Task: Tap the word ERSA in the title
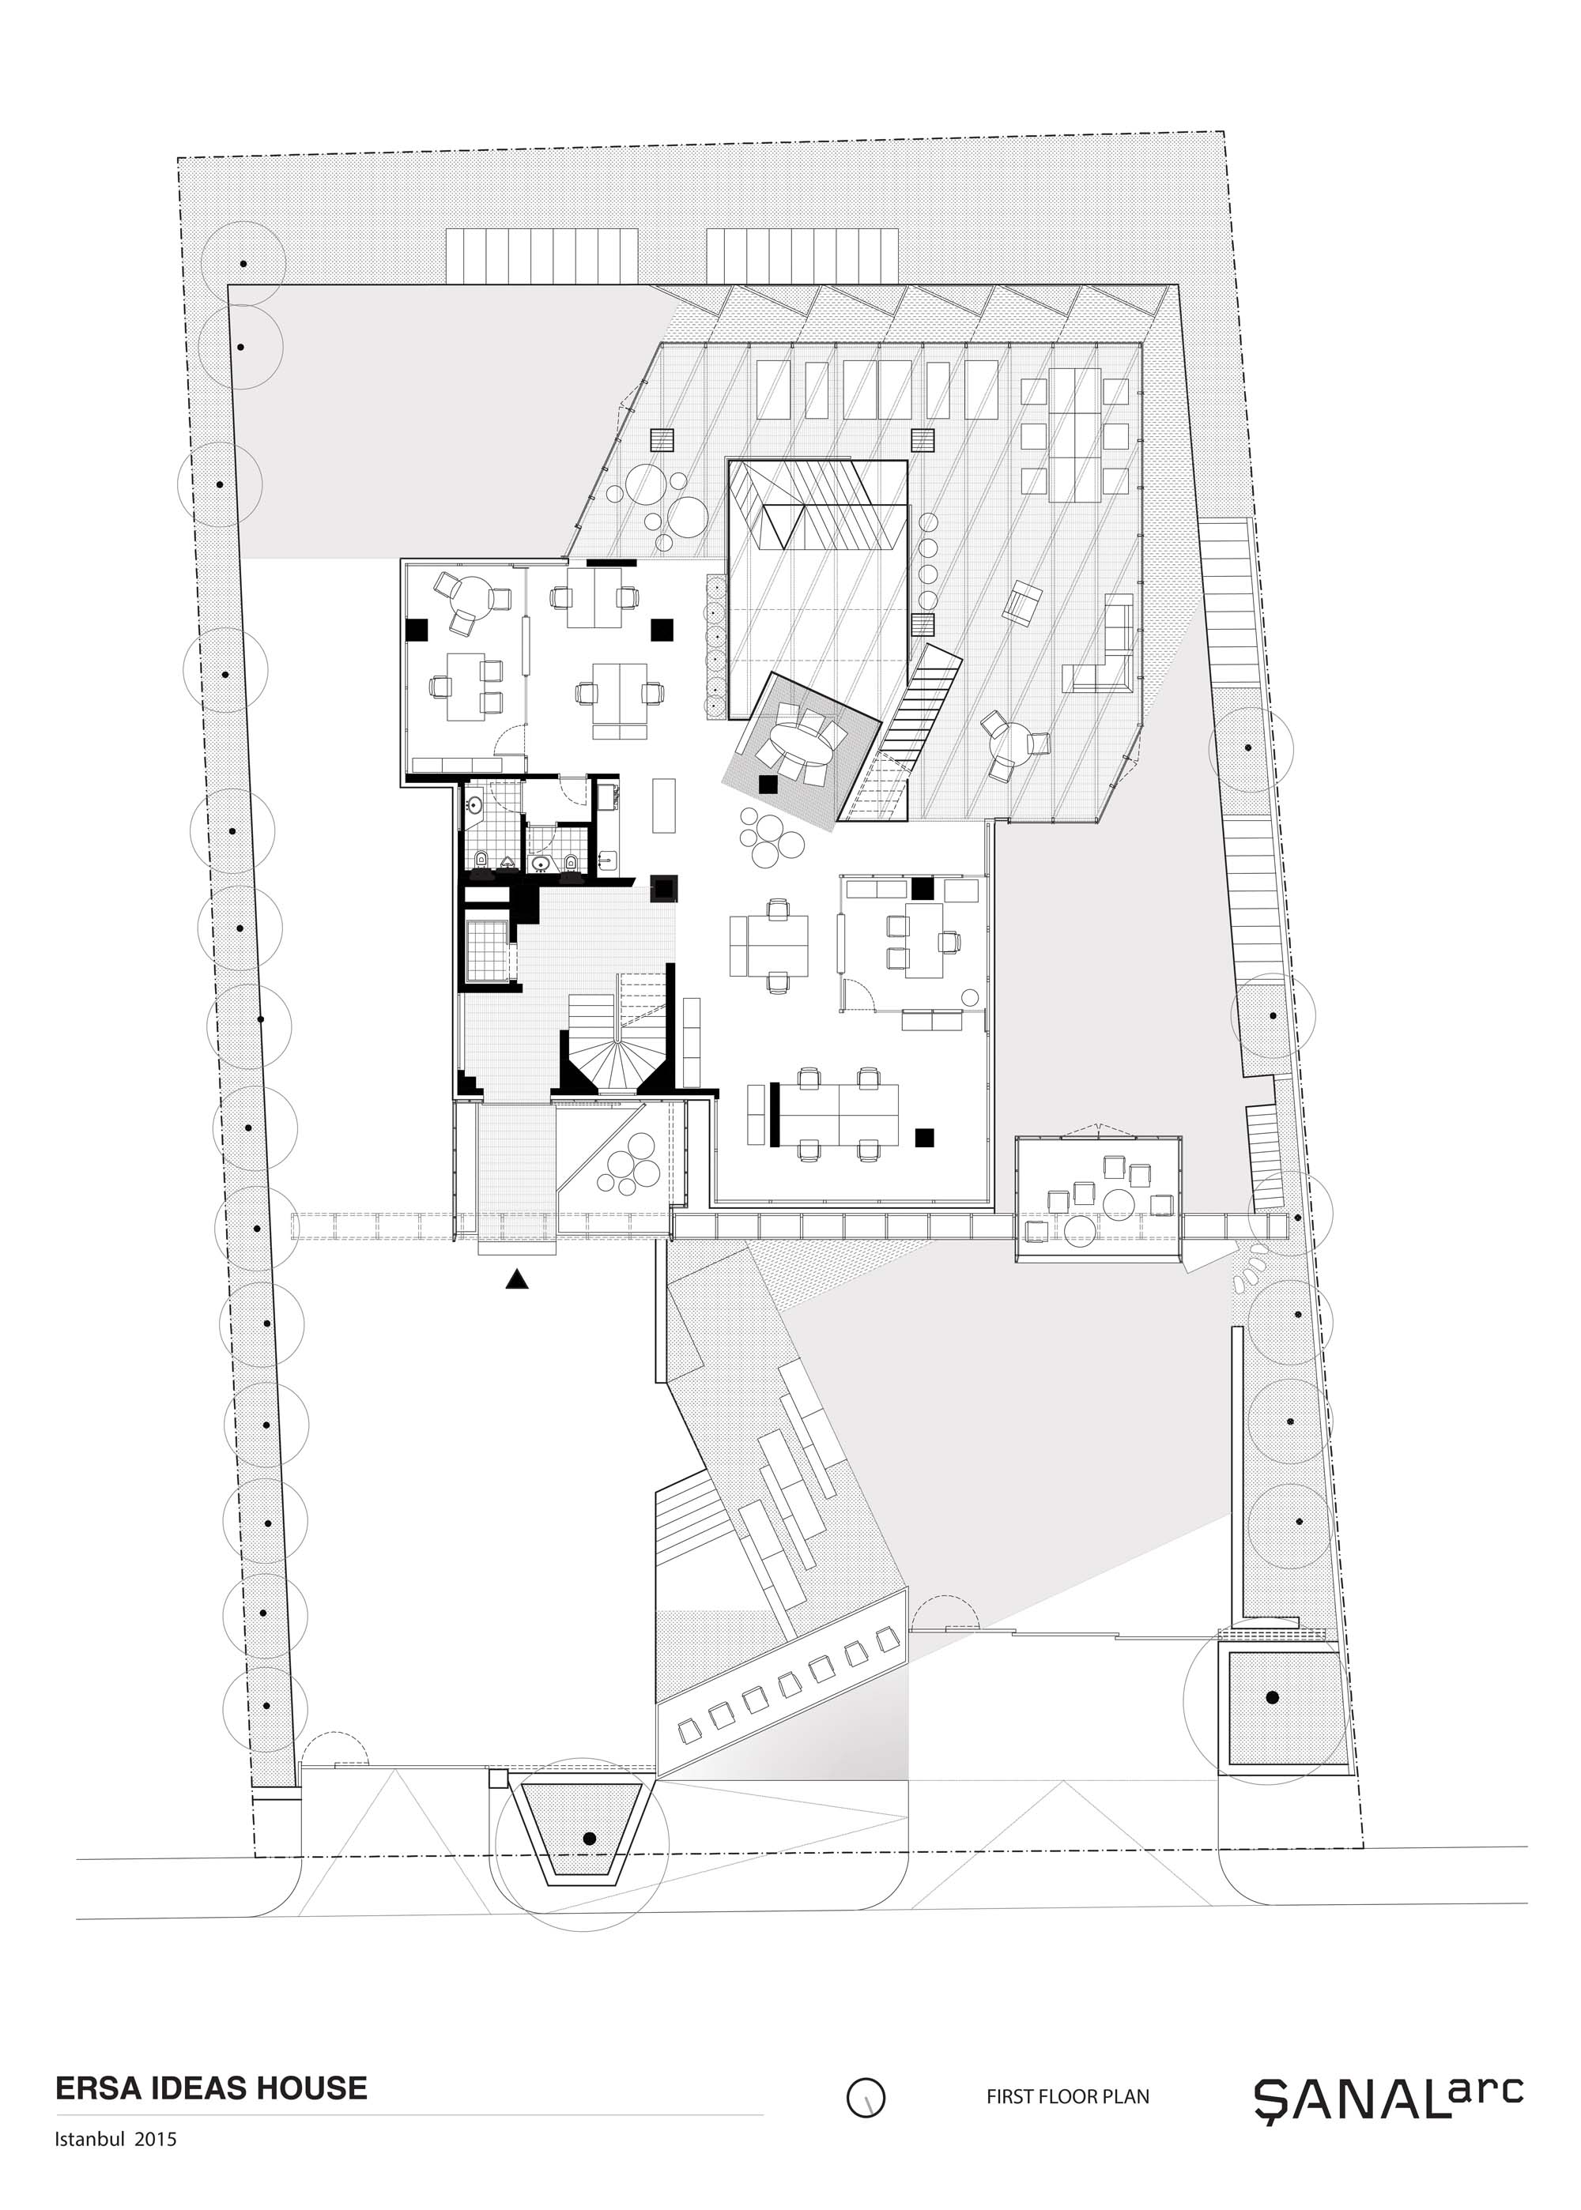point(93,2088)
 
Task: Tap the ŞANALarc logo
point(1388,2092)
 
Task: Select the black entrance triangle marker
point(517,1280)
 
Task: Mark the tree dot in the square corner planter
point(1271,1697)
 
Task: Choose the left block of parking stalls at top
point(543,256)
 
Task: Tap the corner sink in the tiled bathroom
point(474,805)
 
